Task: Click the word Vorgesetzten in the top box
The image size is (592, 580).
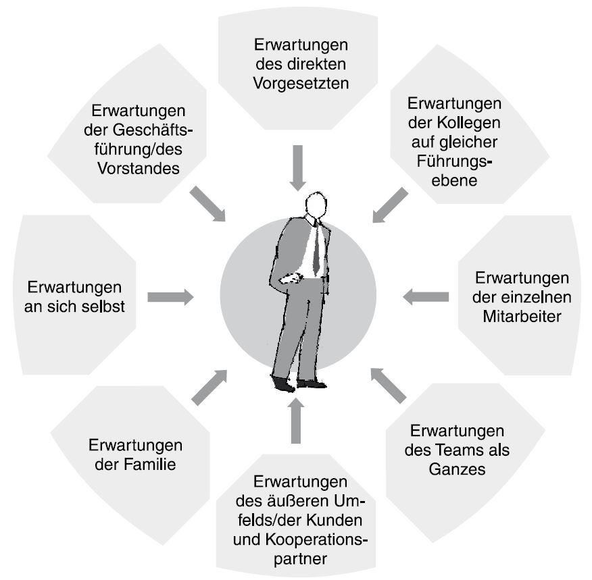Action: (x=301, y=84)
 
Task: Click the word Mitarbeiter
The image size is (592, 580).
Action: (x=522, y=315)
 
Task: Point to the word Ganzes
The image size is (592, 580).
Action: (x=457, y=469)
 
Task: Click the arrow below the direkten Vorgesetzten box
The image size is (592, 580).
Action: (x=297, y=174)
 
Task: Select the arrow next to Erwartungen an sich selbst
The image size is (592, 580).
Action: (x=170, y=296)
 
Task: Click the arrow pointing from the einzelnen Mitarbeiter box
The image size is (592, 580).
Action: (x=426, y=296)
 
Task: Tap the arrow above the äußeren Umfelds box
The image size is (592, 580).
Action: (x=295, y=421)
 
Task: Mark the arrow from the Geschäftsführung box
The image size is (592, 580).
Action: (x=207, y=203)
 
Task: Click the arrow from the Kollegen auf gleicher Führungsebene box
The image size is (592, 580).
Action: (x=391, y=205)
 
